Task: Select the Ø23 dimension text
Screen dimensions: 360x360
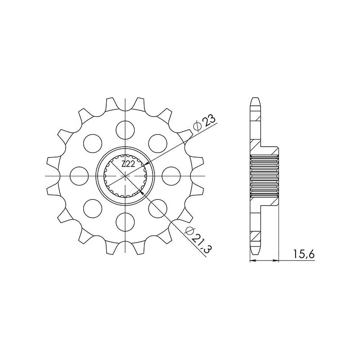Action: pyautogui.click(x=204, y=123)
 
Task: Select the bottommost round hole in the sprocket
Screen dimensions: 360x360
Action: pyautogui.click(x=126, y=220)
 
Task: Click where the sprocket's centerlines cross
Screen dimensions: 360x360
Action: pyautogui.click(x=126, y=175)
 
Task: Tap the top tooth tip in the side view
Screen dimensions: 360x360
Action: pyautogui.click(x=255, y=98)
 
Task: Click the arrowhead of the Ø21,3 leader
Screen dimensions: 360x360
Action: pyautogui.click(x=144, y=192)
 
